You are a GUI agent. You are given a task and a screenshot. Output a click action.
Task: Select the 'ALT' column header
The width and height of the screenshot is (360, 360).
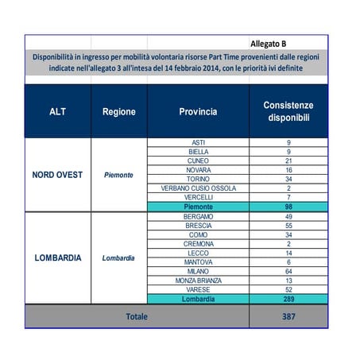57,112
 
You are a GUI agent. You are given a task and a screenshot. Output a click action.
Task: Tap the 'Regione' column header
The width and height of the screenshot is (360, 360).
118,112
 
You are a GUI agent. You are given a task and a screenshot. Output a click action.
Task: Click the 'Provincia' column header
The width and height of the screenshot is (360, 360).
198,112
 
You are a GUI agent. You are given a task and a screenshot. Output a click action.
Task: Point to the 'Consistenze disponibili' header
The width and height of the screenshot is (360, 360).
288,112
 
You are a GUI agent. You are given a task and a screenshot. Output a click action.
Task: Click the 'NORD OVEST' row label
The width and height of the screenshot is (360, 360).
57,174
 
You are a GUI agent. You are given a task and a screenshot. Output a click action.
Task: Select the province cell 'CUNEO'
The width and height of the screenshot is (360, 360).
198,161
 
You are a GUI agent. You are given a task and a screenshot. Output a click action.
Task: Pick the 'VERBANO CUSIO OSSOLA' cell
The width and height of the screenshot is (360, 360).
198,188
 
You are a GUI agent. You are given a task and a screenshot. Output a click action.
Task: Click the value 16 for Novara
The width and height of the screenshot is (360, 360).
288,170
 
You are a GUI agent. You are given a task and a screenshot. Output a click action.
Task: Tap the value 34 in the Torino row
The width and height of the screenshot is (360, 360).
288,179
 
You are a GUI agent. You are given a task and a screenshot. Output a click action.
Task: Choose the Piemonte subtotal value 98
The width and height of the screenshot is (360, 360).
288,207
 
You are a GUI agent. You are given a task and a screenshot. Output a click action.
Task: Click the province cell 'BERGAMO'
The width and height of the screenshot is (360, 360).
198,216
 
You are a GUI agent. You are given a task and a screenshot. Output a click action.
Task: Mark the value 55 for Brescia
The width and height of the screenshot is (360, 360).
288,226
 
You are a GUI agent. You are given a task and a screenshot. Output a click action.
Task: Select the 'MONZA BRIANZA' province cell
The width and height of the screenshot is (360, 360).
198,281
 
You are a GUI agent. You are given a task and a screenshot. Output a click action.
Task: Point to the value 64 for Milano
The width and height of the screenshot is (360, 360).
288,272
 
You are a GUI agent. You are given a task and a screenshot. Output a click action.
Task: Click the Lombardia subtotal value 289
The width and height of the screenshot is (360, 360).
288,299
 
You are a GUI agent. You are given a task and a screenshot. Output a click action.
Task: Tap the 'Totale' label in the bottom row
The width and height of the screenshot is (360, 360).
136,316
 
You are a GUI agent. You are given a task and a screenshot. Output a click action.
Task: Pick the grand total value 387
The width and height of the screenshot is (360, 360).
288,316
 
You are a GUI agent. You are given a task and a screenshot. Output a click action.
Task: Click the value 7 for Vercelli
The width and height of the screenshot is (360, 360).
288,197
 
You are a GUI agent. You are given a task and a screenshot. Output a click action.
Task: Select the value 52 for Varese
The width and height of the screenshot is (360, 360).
288,290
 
